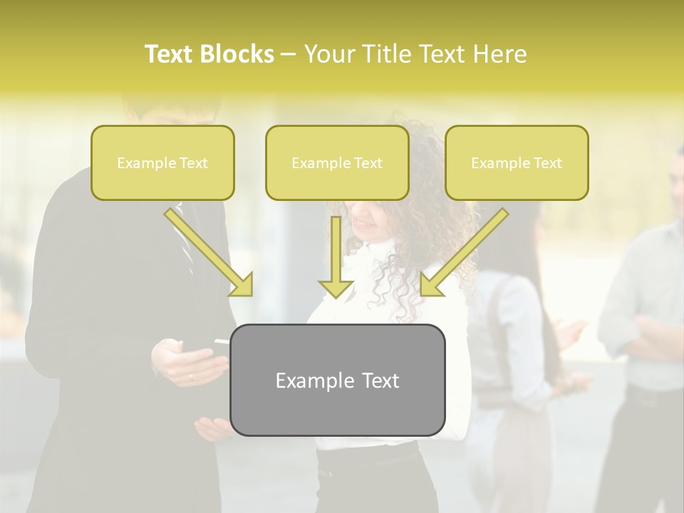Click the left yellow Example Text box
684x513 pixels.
[x=162, y=162]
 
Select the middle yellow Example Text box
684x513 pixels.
[x=337, y=162]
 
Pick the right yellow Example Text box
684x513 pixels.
[x=517, y=162]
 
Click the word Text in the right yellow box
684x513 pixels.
[x=547, y=163]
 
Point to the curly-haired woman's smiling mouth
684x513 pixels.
[x=366, y=223]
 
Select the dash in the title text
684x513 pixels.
[x=289, y=54]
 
